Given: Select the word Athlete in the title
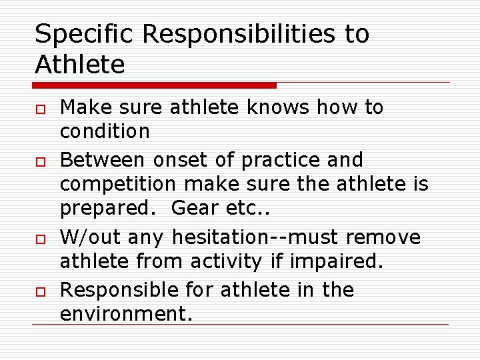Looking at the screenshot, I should coord(79,65).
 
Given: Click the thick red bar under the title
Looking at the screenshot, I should coord(155,85).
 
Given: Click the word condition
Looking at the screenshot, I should coord(105,132).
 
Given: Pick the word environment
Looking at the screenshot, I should coord(126,314).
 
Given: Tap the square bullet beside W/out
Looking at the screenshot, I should coord(39,239).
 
